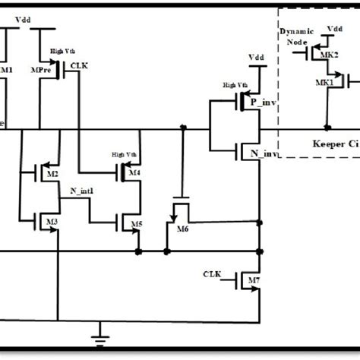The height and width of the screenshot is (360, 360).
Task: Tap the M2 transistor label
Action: (52, 175)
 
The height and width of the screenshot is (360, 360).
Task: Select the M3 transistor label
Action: (52, 221)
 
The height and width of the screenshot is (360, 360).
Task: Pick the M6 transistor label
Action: (182, 229)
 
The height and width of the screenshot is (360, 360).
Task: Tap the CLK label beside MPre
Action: (79, 66)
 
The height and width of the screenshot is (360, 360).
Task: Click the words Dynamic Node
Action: (295, 38)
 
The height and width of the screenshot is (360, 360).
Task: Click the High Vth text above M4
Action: (122, 154)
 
